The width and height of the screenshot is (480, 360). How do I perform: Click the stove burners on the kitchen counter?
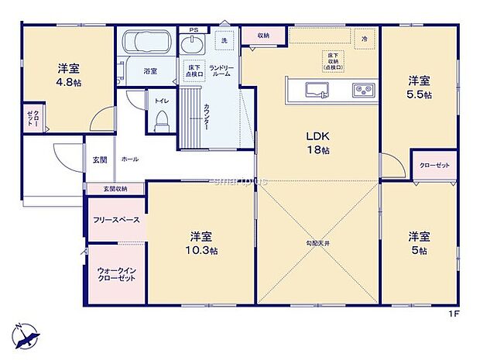362,90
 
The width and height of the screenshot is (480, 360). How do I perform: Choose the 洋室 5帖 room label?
419,243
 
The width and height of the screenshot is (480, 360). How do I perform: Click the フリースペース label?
116,220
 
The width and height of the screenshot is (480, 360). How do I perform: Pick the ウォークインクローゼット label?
116,275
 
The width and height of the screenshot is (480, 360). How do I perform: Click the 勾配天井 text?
317,244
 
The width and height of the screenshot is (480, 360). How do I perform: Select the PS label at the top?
194,30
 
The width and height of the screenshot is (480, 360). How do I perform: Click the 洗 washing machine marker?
224,39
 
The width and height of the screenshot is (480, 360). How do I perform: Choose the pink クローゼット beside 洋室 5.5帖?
434,166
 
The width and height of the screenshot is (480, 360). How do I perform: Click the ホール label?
129,159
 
